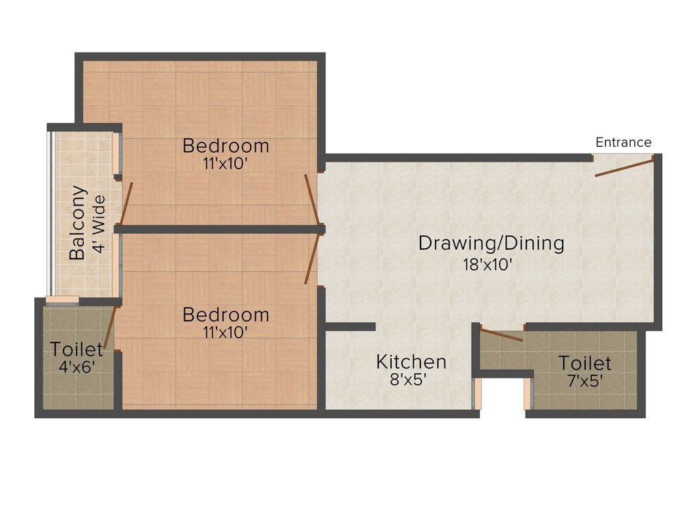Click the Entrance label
pyautogui.click(x=623, y=143)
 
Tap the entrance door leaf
pyautogui.click(x=625, y=166)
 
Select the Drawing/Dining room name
pyautogui.click(x=491, y=243)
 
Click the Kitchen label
pyautogui.click(x=411, y=362)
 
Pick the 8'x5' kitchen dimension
pyautogui.click(x=408, y=381)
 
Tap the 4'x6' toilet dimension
pyautogui.click(x=77, y=366)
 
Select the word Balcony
pyautogui.click(x=78, y=222)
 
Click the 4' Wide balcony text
pyautogui.click(x=100, y=224)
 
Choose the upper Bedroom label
pyautogui.click(x=226, y=146)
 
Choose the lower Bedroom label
pyautogui.click(x=226, y=315)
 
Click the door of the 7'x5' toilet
pyautogui.click(x=502, y=334)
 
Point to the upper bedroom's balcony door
pyautogui.click(x=126, y=203)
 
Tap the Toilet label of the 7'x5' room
pyautogui.click(x=585, y=362)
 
